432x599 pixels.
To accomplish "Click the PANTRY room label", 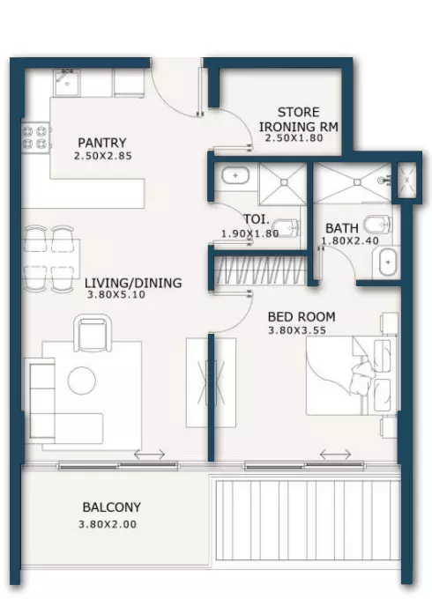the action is (101, 143).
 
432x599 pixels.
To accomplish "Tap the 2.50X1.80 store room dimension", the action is (294, 138).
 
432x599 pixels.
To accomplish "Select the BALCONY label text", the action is (112, 507).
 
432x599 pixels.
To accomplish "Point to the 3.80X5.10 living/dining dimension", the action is (116, 294).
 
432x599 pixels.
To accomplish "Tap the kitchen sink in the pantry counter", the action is (67, 83).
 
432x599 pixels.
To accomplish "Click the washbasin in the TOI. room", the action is (235, 175).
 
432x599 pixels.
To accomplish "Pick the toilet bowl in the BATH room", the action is (376, 225).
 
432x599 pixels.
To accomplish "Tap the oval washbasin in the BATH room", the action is (388, 263).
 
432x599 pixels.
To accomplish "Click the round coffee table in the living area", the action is (81, 381).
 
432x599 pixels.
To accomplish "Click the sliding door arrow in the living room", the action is (150, 455).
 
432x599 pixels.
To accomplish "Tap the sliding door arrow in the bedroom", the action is (335, 455).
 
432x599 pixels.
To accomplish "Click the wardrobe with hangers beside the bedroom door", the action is (261, 270).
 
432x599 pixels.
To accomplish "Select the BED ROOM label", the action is (302, 317).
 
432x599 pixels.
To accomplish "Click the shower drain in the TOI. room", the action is (284, 183).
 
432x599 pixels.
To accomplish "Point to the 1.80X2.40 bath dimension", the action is (350, 240).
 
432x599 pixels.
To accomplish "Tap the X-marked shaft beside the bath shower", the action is (406, 179).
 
